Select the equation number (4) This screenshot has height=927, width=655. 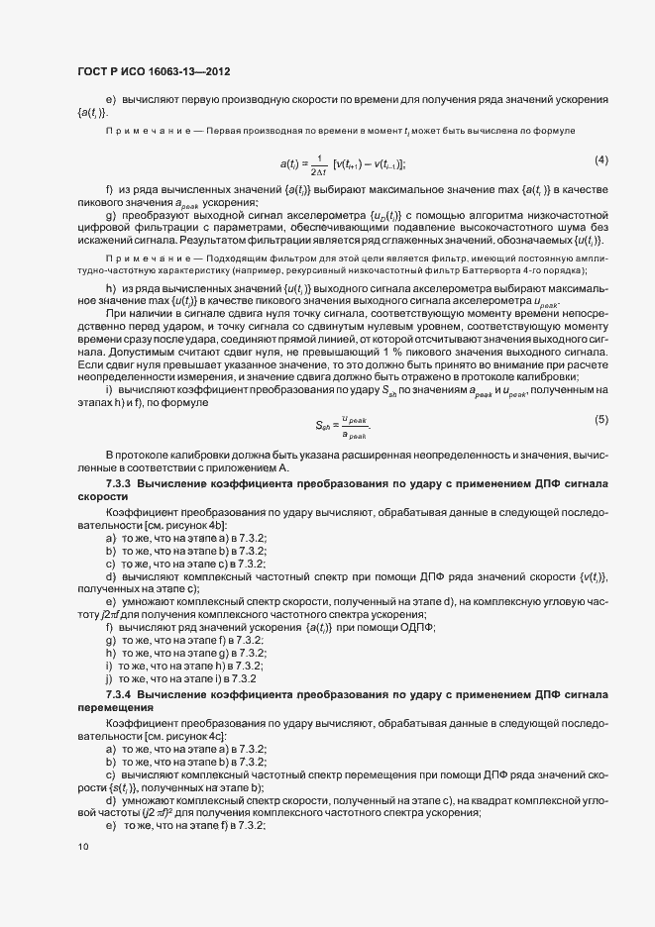click(600, 159)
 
